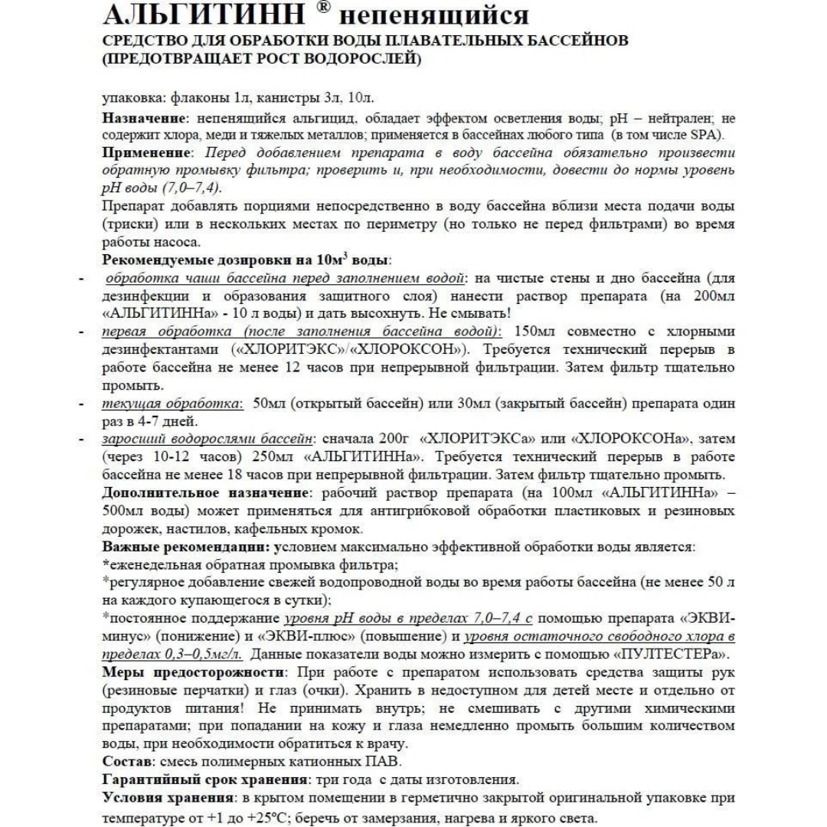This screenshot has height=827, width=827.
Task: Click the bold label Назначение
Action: [145, 118]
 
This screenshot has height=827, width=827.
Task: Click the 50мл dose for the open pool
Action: [270, 403]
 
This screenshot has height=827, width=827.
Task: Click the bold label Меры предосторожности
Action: [191, 672]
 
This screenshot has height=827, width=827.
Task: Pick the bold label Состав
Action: [126, 762]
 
